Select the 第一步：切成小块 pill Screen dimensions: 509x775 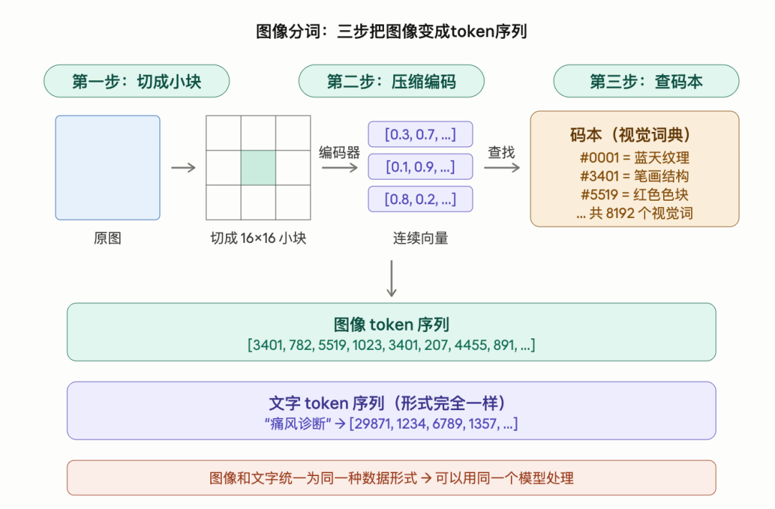(x=136, y=81)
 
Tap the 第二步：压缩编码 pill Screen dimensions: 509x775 (x=391, y=81)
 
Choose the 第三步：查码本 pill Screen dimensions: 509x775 (x=646, y=81)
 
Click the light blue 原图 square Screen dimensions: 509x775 (x=108, y=168)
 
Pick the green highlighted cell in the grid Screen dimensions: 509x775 (x=258, y=168)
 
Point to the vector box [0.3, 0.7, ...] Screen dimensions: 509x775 (x=420, y=134)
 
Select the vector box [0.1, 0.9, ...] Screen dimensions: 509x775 (x=420, y=167)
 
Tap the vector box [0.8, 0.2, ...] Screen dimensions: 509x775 (x=420, y=199)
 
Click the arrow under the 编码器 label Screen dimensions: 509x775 (x=339, y=168)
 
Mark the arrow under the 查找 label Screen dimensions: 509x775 (x=502, y=168)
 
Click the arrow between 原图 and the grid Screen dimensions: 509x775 (x=183, y=168)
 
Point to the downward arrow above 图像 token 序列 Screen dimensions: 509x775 (x=391, y=278)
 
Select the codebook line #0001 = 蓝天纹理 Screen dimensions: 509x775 (x=634, y=158)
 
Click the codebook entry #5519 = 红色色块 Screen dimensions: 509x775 (x=634, y=194)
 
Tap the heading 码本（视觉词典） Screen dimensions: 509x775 (x=634, y=135)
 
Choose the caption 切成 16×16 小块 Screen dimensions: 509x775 (x=258, y=238)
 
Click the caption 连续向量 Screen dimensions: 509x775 (x=420, y=238)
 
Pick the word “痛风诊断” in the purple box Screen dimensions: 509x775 (x=298, y=424)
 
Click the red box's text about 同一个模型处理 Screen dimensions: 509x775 (x=391, y=477)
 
